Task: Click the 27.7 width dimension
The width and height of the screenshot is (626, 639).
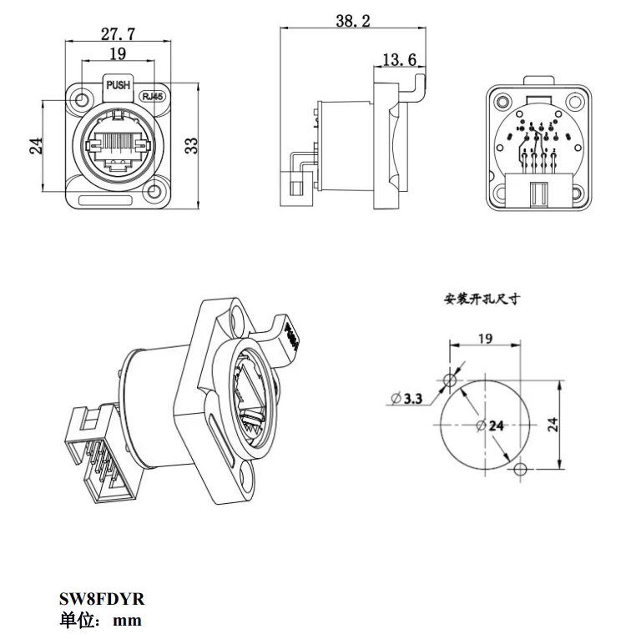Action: tap(119, 33)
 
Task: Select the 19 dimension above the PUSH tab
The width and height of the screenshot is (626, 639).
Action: tap(118, 54)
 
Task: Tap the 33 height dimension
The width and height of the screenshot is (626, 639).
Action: tap(191, 145)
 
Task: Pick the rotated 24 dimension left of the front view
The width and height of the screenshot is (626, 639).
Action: tap(36, 145)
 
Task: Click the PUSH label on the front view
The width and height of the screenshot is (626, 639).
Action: tap(119, 84)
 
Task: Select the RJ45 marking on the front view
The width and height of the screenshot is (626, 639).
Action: tap(153, 96)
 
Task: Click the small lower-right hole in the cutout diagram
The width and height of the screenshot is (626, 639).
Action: tap(522, 469)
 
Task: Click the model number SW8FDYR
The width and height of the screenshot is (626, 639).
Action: tap(102, 600)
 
